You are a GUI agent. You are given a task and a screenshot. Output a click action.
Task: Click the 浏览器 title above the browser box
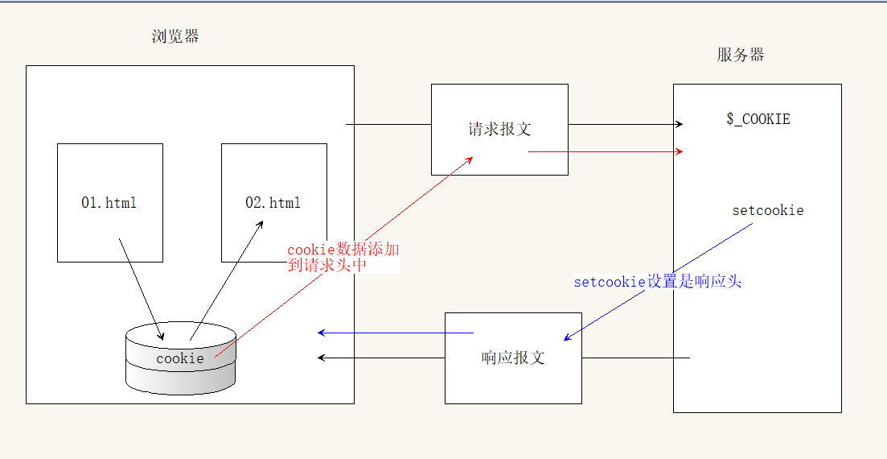[x=175, y=36]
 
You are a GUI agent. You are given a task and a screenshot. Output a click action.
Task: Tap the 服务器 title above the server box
[x=741, y=55]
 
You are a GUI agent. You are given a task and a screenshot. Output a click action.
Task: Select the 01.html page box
[x=110, y=202]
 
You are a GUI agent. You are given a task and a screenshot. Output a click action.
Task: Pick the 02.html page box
[x=273, y=202]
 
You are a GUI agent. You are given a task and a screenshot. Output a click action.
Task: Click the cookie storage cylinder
[x=181, y=359]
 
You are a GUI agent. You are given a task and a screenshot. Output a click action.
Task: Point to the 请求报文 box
[x=499, y=129]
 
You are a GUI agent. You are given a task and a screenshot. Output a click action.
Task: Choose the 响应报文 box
[x=513, y=358]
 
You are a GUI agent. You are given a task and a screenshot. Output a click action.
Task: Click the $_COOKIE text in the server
[x=758, y=119]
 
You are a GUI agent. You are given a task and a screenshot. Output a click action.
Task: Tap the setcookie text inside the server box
[x=768, y=211]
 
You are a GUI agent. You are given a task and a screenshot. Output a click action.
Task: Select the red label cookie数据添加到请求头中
[x=343, y=257]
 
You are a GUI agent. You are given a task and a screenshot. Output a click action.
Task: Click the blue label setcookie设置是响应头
[x=657, y=282]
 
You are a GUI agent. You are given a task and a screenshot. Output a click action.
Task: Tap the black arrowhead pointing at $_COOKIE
[x=679, y=124]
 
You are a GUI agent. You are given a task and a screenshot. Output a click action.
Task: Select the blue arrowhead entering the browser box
[x=322, y=332]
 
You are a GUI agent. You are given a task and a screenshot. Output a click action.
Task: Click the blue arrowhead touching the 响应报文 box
[x=567, y=337]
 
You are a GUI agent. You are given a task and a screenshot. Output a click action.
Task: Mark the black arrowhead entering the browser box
[x=322, y=358]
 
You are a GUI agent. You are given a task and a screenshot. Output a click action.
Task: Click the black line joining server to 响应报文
[x=635, y=358]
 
